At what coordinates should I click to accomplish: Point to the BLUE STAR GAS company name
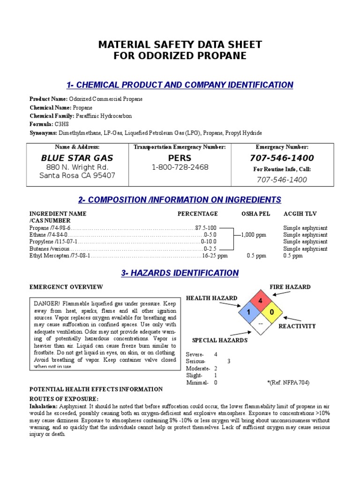(x=77, y=158)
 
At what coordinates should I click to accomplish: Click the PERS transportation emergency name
(x=180, y=158)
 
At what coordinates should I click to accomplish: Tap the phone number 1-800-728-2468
(x=180, y=167)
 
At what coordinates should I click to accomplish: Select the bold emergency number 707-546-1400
(x=282, y=158)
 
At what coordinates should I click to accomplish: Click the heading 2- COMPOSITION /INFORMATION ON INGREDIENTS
(x=180, y=200)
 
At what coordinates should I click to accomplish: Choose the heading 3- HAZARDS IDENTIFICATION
(x=180, y=273)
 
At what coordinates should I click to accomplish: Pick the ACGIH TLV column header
(x=300, y=214)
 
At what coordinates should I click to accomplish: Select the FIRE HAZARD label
(x=290, y=287)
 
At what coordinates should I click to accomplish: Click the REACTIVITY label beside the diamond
(x=297, y=326)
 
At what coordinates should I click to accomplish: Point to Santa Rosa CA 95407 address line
(x=77, y=176)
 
